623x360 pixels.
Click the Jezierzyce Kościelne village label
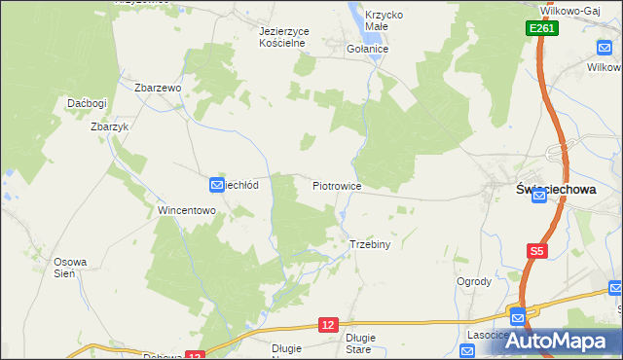click(284, 37)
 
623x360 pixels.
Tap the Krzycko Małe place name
click(385, 21)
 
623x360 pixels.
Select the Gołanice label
click(368, 49)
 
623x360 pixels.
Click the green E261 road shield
click(543, 30)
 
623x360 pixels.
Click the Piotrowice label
click(338, 185)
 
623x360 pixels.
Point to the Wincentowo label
click(185, 210)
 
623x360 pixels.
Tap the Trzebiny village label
click(369, 244)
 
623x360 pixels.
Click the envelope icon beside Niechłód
click(216, 184)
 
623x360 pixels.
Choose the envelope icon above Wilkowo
click(605, 46)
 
